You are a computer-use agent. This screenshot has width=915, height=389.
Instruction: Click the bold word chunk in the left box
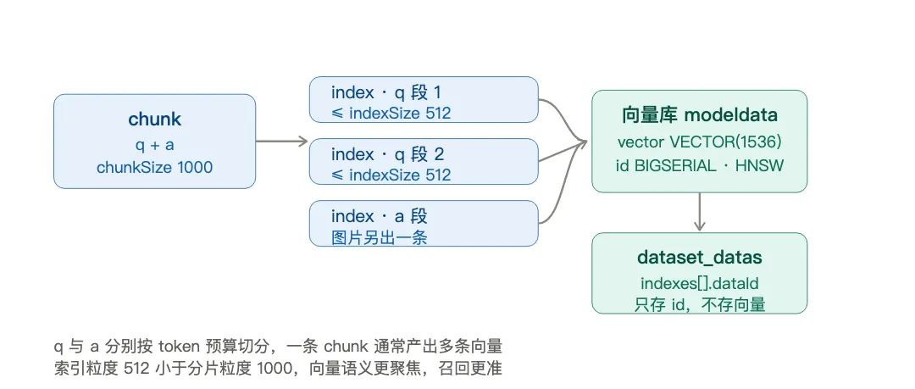(155, 119)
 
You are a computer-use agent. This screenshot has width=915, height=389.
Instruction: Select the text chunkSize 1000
(155, 168)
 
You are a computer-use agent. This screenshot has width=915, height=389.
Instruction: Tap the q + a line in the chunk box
(155, 144)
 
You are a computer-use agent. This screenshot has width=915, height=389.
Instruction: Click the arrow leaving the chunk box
(281, 141)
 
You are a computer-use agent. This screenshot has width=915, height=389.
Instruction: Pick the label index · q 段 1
(385, 92)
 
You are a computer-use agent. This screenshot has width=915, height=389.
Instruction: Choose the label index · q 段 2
(387, 154)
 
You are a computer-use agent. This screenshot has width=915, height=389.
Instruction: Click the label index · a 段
(380, 217)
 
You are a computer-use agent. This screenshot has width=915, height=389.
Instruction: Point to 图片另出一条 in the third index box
(380, 237)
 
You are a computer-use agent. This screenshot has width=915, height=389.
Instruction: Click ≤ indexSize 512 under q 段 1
(391, 113)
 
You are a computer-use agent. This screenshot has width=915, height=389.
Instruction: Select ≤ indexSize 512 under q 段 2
(391, 175)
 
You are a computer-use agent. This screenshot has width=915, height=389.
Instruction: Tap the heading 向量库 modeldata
(700, 115)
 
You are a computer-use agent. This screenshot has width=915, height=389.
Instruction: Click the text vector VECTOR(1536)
(700, 142)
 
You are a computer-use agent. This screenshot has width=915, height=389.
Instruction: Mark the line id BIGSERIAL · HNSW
(700, 166)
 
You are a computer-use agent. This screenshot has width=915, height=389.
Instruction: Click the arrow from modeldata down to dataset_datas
(700, 212)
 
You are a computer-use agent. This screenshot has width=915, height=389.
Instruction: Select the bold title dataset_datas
(700, 258)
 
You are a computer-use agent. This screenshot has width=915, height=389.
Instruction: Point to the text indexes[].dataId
(700, 283)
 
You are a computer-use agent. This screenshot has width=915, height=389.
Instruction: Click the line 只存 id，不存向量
(700, 304)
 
